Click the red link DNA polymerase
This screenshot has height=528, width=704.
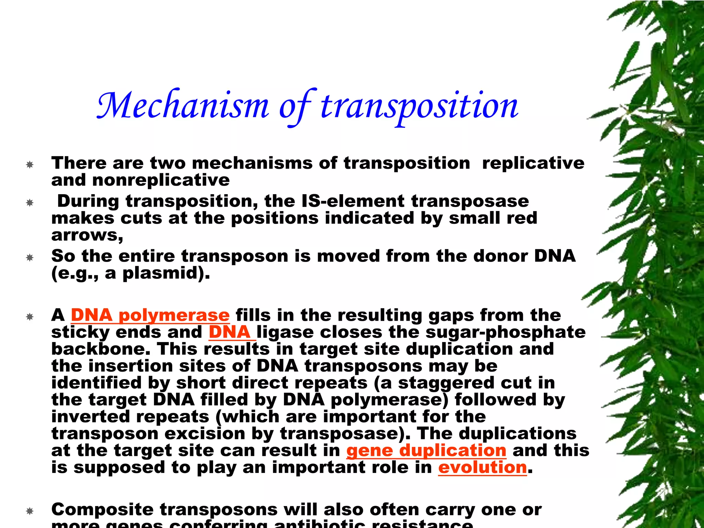tap(150, 315)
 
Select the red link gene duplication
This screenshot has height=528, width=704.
tap(426, 451)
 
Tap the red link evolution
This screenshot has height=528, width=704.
tap(482, 467)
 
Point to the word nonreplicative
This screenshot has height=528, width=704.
tap(161, 180)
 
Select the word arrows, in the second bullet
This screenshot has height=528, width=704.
tap(87, 235)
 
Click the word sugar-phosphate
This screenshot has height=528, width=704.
tap(505, 332)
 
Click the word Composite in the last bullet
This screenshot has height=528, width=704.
tap(102, 509)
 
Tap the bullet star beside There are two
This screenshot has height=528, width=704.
tap(30, 165)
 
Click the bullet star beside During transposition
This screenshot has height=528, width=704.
tap(30, 203)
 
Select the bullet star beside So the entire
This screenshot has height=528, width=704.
tap(30, 257)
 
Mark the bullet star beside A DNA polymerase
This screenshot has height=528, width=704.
tap(30, 317)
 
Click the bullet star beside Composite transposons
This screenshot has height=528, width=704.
tap(30, 511)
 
